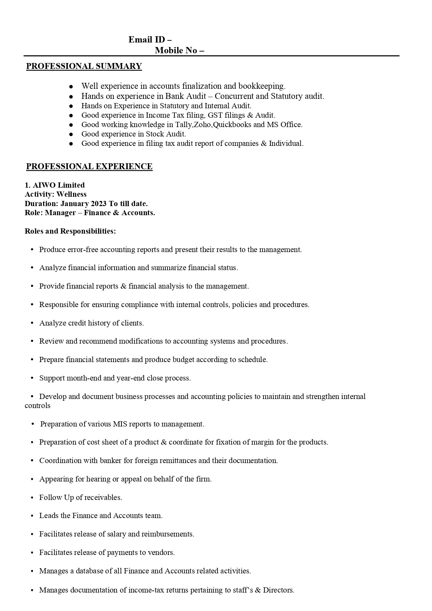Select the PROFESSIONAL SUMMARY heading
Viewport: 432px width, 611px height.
[x=84, y=66]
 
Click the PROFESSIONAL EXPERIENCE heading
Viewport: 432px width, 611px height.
[x=89, y=166]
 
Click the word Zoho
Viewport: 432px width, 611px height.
[x=202, y=125]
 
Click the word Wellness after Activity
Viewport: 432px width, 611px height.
[x=71, y=194]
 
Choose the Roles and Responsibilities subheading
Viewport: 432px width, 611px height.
[x=70, y=231]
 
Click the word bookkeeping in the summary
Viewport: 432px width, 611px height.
[x=262, y=86]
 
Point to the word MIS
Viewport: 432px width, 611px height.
[x=120, y=424]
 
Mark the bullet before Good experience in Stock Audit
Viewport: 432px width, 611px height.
[x=71, y=134]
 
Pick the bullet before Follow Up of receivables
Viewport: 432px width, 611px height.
[x=32, y=498]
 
